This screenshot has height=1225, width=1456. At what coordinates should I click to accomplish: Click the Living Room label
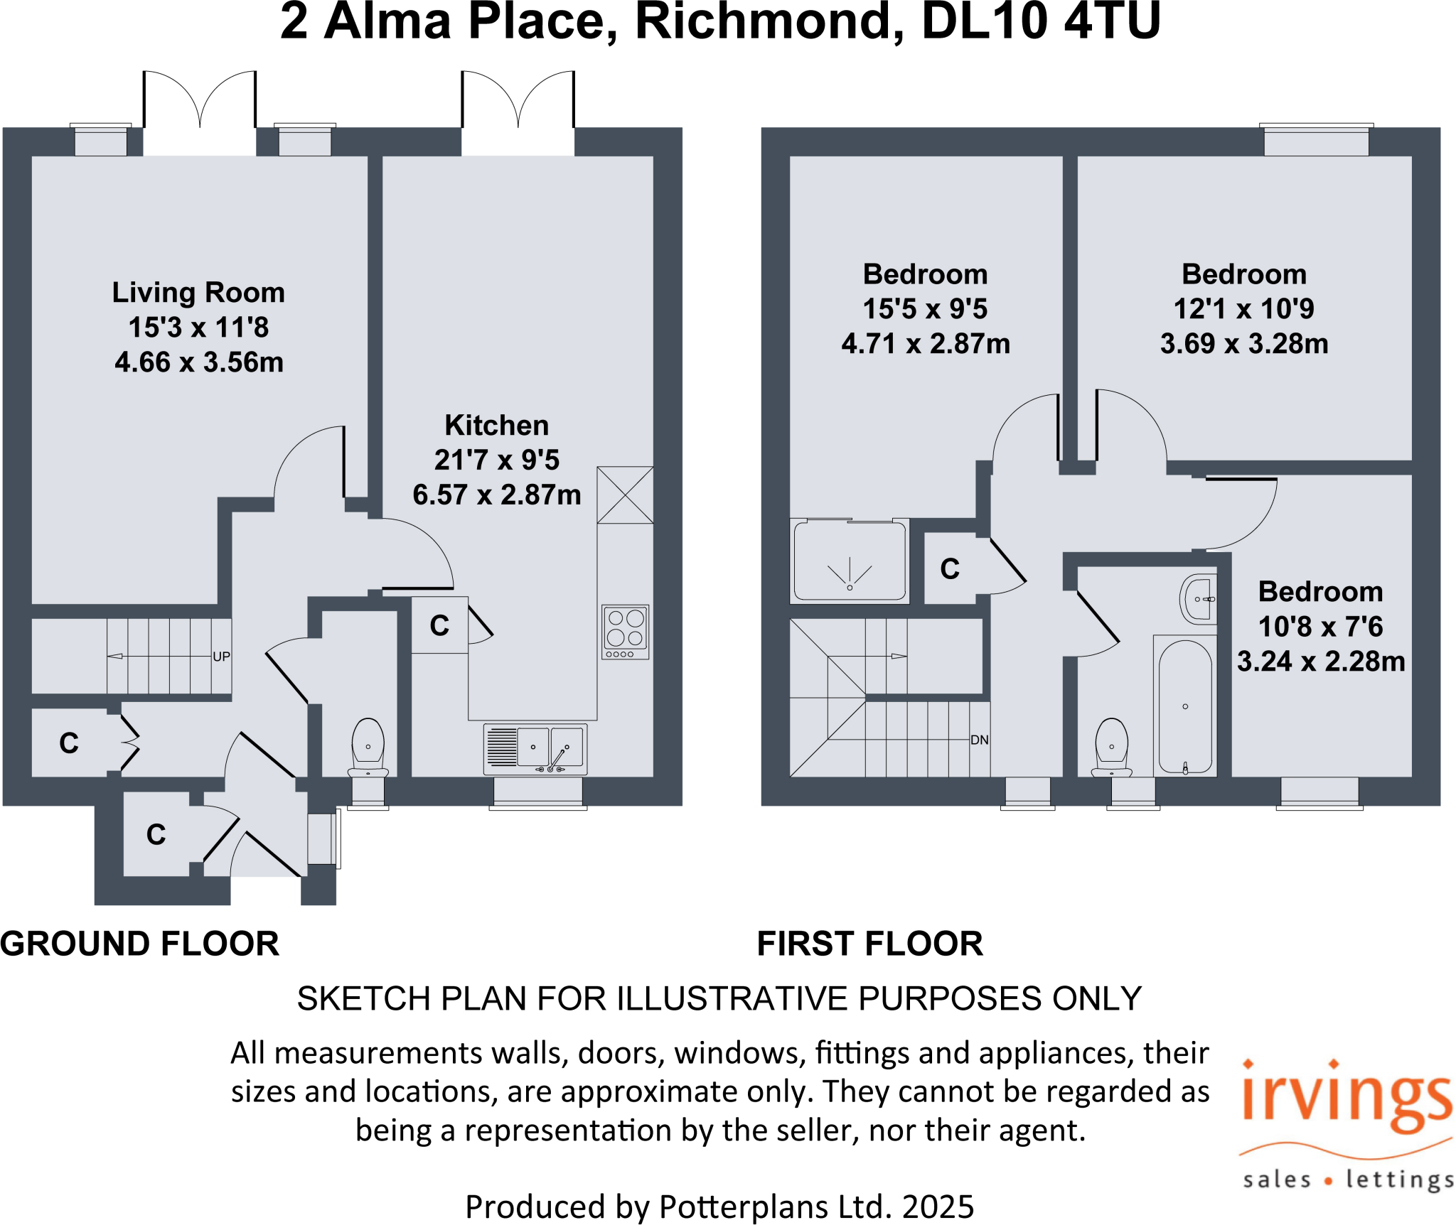coord(198,293)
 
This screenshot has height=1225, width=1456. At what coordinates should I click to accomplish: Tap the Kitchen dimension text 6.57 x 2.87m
coord(497,495)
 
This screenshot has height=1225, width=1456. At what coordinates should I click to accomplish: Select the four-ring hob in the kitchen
coord(625,632)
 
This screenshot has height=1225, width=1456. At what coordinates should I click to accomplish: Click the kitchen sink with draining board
coord(535,748)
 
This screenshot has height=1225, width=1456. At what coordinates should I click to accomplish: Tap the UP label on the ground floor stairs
coord(221,657)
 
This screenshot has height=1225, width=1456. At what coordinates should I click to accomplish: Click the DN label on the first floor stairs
coord(979,740)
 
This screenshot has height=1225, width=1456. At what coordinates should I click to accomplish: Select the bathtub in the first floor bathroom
coord(1185,707)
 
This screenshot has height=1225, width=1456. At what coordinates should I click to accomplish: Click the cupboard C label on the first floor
coord(950,569)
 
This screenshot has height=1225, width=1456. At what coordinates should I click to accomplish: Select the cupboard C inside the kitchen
coord(439,625)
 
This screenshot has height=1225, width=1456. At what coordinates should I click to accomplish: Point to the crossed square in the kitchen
coord(625,495)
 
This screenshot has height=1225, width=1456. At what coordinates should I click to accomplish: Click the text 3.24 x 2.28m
coord(1321,662)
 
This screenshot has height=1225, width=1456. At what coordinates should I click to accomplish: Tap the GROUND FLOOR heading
coord(140,944)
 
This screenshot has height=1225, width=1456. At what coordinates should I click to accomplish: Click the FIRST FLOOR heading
coord(870,944)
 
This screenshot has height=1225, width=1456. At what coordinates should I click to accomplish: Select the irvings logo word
coord(1347,1098)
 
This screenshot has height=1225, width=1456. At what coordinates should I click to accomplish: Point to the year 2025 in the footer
coord(938,1207)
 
